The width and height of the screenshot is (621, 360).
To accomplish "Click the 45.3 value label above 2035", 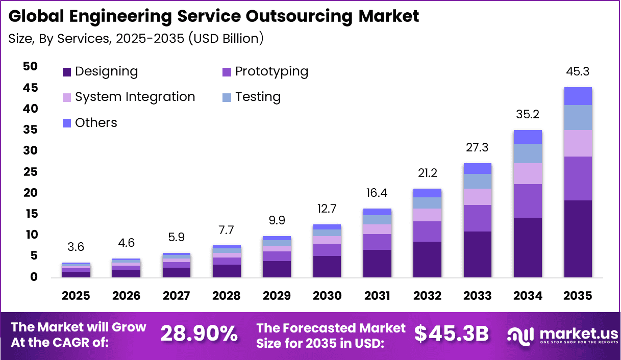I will (578, 72).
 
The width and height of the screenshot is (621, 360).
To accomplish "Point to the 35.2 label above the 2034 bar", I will (528, 115).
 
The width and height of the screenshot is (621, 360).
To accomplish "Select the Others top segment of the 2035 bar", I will (578, 96).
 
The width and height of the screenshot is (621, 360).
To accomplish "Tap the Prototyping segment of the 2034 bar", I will (528, 201).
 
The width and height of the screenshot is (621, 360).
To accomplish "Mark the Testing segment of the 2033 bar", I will (477, 181).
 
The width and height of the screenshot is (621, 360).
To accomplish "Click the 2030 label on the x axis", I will (327, 296).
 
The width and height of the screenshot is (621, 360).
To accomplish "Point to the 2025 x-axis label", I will (76, 296).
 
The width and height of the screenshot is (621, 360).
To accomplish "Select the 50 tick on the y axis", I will (30, 67).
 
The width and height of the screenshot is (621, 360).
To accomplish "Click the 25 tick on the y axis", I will (30, 172).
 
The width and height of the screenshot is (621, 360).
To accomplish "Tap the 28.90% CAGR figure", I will (200, 334).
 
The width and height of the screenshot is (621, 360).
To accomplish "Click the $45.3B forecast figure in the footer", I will (451, 334).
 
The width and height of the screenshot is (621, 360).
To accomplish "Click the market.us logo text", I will (572, 334).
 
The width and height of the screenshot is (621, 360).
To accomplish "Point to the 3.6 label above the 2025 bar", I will (76, 247).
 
